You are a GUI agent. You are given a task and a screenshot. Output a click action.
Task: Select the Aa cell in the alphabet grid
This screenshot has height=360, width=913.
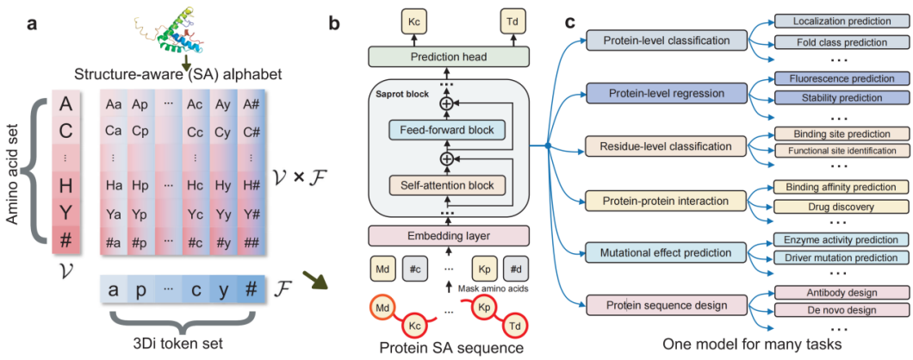pyautogui.click(x=114, y=104)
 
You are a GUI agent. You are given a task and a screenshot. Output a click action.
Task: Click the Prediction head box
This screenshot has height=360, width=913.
pyautogui.click(x=445, y=57)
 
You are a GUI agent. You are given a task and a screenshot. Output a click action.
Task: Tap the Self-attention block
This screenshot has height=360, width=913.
pyautogui.click(x=445, y=183)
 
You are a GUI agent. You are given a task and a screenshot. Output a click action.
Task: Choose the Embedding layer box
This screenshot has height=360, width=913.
pyautogui.click(x=445, y=234)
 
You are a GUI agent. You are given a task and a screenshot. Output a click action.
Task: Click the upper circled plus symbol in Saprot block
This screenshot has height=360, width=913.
pyautogui.click(x=445, y=103)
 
